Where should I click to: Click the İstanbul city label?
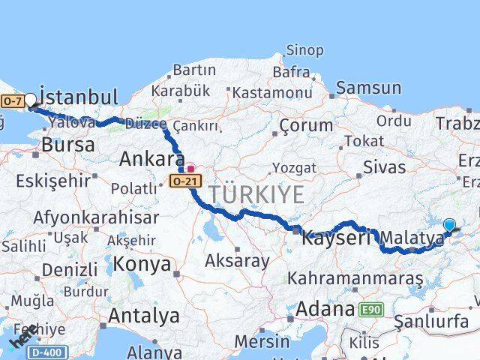coord(79,97)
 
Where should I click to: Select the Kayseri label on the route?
coord(336,238)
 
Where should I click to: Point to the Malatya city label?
coord(412,238)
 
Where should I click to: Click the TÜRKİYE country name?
coord(257,194)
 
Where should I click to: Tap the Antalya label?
coord(144,316)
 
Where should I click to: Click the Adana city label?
coord(324,308)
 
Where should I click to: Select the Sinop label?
coord(306,50)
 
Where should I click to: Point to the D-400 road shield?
coord(51,351)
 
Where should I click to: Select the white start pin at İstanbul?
coord(30,99)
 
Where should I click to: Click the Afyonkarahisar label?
coord(96,217)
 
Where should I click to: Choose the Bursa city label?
coord(68,145)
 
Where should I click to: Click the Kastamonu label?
coord(271,93)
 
